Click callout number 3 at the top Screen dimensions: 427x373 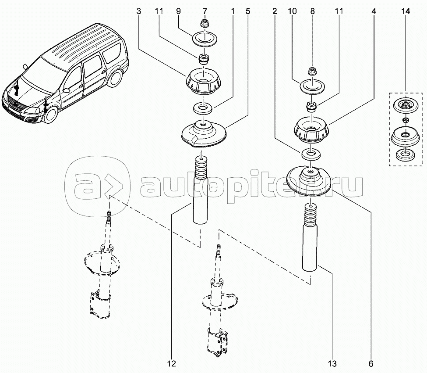point(139,11)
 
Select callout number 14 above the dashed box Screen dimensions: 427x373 point(406,11)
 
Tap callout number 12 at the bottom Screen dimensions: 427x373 point(172,363)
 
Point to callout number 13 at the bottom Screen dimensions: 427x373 point(332,363)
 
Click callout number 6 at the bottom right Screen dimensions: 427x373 point(371,363)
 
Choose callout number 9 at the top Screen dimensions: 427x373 point(178,11)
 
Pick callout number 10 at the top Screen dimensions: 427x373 point(292,11)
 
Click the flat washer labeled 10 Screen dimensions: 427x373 point(312,86)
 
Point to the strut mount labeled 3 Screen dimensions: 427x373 point(204,82)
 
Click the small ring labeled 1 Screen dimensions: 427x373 point(203,108)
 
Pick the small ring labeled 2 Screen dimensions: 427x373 point(311,154)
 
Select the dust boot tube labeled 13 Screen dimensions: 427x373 point(310,237)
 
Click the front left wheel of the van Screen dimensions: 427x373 point(51,115)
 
